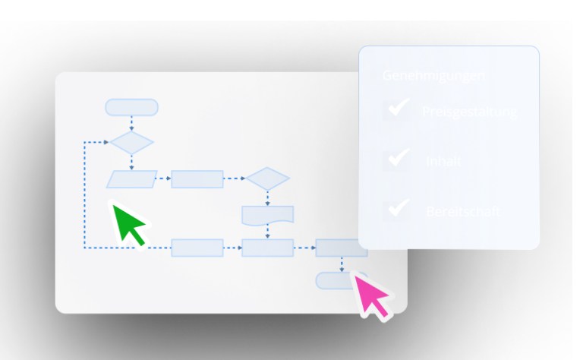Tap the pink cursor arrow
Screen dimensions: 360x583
371,295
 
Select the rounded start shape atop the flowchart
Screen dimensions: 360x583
131,107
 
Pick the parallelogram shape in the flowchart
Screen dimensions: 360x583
131,179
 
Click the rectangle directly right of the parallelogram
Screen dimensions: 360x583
197,179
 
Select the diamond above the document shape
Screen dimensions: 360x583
267,179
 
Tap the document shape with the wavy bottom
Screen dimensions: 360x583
267,214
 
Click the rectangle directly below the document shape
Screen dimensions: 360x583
267,248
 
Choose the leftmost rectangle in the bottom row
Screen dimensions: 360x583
197,248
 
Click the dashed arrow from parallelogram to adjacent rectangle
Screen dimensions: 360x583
164,179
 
